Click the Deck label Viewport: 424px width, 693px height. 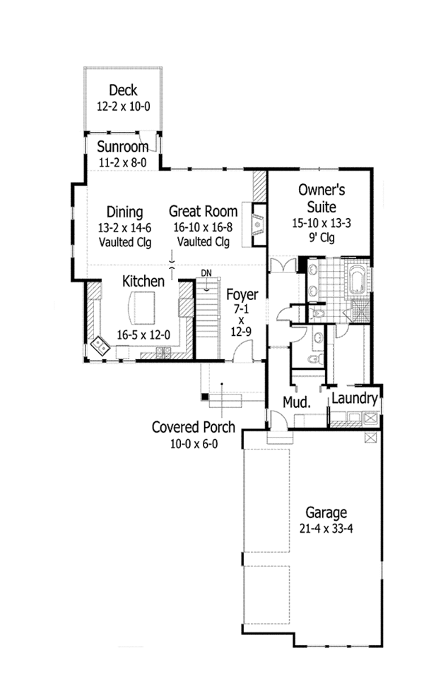pyautogui.click(x=123, y=91)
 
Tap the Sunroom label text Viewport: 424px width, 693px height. pyautogui.click(x=123, y=147)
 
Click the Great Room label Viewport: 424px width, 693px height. pyautogui.click(x=203, y=212)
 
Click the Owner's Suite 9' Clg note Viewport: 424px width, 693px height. pyautogui.click(x=321, y=238)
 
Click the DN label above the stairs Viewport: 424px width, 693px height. pyautogui.click(x=206, y=272)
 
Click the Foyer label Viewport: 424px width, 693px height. pyautogui.click(x=242, y=295)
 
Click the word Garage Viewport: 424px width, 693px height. pyautogui.click(x=326, y=512)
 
